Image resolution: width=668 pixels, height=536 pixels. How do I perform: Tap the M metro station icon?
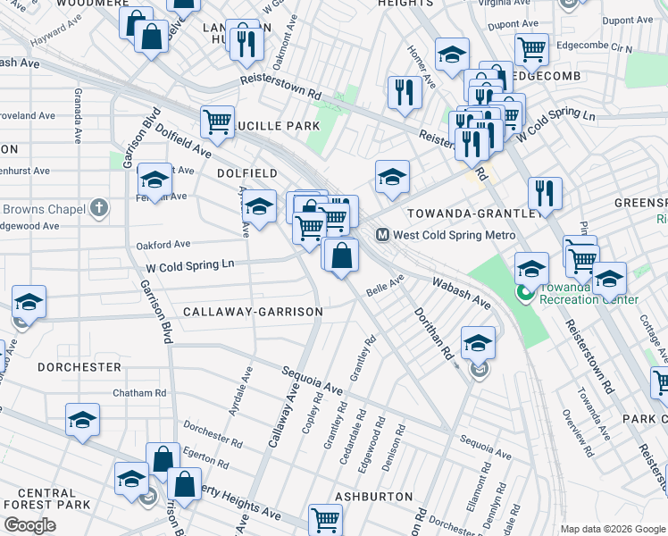[x=381, y=235]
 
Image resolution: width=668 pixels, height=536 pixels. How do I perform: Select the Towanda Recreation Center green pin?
[x=524, y=293]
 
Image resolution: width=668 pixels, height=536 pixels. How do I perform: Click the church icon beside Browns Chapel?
[x=99, y=209]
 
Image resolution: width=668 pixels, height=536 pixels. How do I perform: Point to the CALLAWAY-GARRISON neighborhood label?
[x=252, y=312]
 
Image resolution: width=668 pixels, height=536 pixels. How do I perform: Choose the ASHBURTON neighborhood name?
[x=373, y=496]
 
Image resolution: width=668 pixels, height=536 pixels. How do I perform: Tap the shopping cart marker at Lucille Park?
[x=217, y=121]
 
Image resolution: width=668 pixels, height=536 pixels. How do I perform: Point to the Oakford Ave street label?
[x=163, y=244]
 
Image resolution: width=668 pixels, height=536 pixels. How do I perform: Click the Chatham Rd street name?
[x=139, y=392]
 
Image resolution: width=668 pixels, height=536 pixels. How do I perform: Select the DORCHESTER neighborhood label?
[x=79, y=367]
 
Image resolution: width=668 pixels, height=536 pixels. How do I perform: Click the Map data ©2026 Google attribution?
[x=613, y=529]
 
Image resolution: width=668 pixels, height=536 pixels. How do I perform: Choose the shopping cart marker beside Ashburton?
[x=325, y=518]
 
